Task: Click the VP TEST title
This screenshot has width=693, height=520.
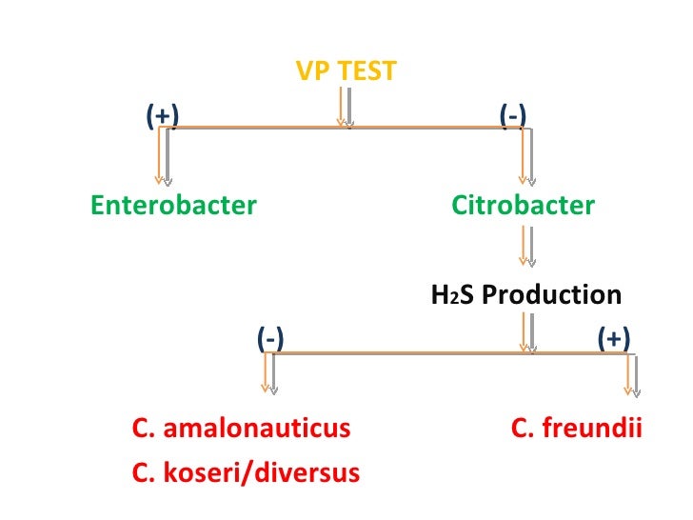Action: click(346, 70)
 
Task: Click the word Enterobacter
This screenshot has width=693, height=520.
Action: click(173, 205)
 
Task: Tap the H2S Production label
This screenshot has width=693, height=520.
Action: click(526, 294)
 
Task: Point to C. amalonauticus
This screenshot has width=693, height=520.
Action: click(242, 429)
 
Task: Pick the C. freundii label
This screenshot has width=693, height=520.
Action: click(577, 429)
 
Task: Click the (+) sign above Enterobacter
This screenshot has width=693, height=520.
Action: click(163, 115)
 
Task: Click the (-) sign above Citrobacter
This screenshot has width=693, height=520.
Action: click(513, 115)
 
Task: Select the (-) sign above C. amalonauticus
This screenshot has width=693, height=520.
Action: click(270, 338)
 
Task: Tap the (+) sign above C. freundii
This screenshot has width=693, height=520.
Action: click(613, 338)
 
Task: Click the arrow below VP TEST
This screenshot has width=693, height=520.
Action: click(345, 106)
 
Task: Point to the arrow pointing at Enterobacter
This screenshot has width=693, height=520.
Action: click(163, 156)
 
